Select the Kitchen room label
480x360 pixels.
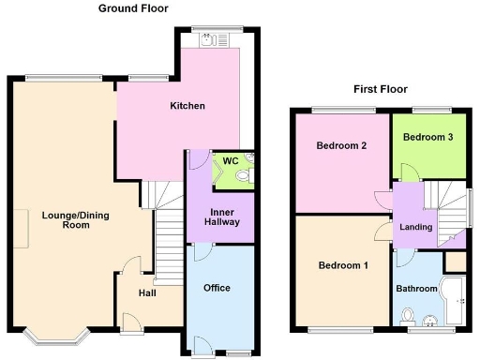tap(187, 106)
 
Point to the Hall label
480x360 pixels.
tap(148, 293)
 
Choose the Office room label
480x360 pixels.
tap(217, 288)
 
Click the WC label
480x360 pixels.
tap(229, 160)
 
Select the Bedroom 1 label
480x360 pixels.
tap(343, 265)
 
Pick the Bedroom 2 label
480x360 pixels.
tap(340, 145)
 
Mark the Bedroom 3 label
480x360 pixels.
tap(428, 137)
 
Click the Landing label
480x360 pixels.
tap(415, 227)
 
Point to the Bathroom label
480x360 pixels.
tap(416, 289)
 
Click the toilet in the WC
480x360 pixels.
tap(244, 174)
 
